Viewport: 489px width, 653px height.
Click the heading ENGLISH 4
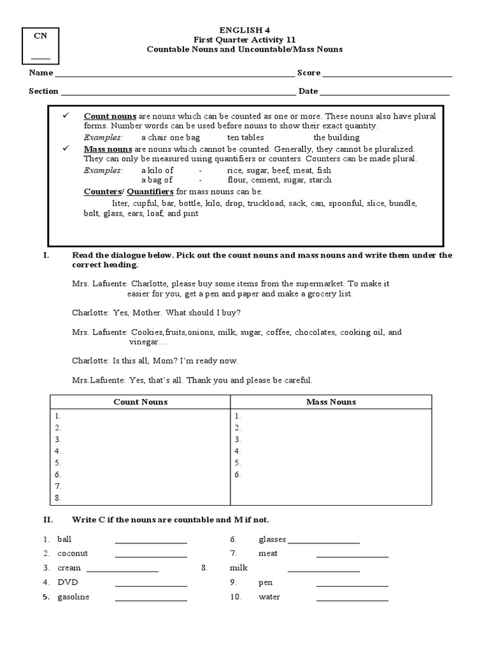244,29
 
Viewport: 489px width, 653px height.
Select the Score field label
308,73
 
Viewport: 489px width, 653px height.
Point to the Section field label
43,91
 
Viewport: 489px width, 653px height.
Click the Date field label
308,91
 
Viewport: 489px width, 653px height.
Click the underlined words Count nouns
110,117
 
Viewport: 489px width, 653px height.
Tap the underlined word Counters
102,192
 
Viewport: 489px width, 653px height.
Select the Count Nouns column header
140,402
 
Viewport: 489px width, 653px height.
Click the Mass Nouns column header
331,402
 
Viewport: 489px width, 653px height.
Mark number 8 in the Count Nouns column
58,498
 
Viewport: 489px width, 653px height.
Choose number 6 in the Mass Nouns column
237,474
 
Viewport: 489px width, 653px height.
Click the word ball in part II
64,539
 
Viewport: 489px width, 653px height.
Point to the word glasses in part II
272,539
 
